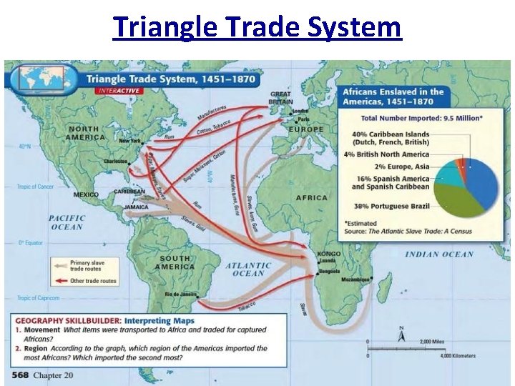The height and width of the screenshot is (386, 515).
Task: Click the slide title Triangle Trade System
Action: click(x=257, y=27)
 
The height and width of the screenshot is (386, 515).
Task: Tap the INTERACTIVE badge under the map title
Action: click(x=119, y=91)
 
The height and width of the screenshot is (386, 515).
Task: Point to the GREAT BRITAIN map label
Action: click(x=280, y=97)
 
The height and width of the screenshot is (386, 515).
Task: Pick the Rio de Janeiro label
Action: click(x=180, y=295)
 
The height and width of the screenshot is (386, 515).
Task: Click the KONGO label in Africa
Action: click(x=329, y=254)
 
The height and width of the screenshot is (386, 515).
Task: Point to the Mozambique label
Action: click(x=356, y=279)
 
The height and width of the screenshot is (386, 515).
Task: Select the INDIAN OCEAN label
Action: click(x=439, y=254)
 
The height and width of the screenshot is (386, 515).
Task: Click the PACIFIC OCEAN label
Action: click(x=67, y=222)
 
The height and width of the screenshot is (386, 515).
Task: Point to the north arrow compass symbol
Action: click(x=401, y=334)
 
